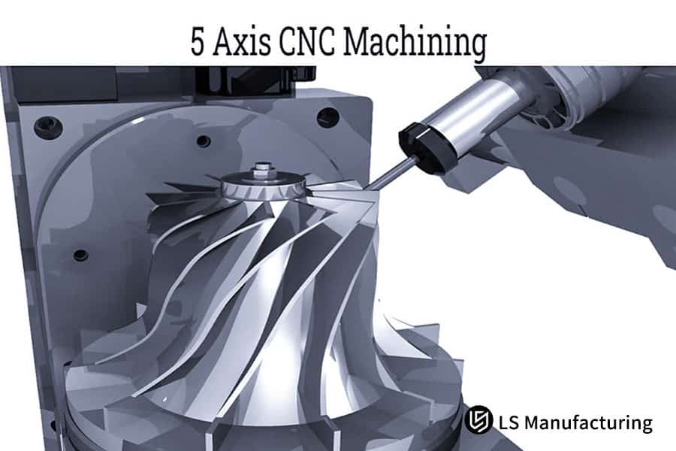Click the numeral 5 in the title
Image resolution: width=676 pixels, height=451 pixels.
point(198,42)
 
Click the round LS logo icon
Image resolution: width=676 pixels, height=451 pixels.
point(478,421)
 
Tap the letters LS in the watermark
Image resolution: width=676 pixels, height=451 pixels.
point(509,422)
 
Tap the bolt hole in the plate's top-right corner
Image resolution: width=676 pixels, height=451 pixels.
point(327,117)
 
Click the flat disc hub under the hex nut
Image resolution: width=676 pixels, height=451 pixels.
point(264,183)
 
